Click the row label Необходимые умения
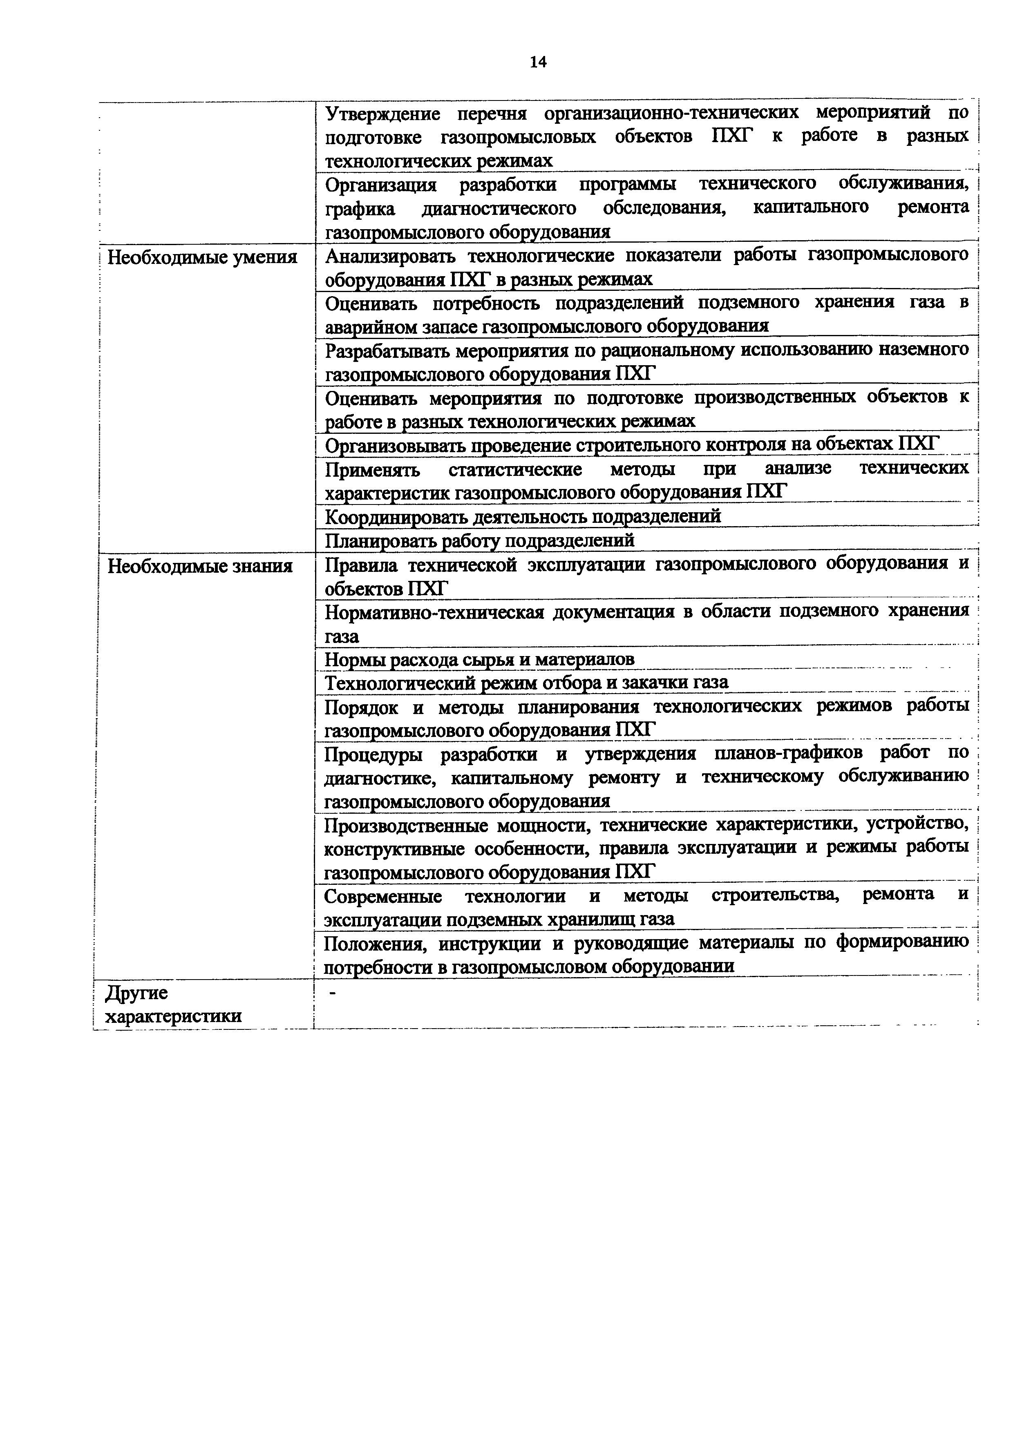pyautogui.click(x=202, y=257)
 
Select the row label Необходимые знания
pyautogui.click(x=200, y=566)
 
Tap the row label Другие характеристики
pyautogui.click(x=173, y=1004)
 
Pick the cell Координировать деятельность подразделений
pyautogui.click(x=523, y=516)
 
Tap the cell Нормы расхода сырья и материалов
pyautogui.click(x=479, y=659)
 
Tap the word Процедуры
pyautogui.click(x=373, y=754)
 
